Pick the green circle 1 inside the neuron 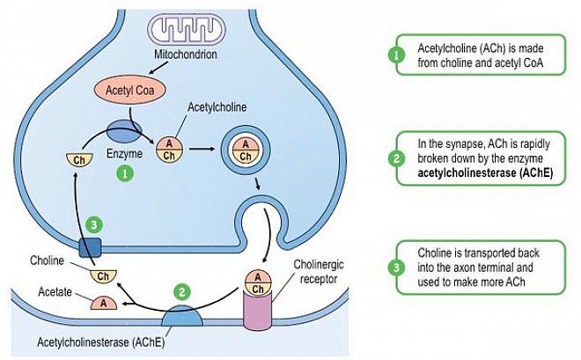126,174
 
